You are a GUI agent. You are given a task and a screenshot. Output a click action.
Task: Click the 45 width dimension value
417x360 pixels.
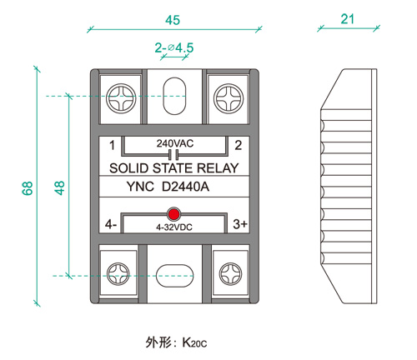(173, 20)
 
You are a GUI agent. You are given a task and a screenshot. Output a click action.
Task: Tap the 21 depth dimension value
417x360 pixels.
(347, 19)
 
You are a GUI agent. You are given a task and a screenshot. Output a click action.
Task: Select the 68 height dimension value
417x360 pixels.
(28, 188)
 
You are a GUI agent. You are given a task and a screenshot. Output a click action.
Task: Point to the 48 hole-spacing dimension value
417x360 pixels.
(59, 187)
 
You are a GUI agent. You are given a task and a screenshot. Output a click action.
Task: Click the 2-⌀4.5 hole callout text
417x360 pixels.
(174, 47)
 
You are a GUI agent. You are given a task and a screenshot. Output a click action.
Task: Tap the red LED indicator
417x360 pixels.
(173, 214)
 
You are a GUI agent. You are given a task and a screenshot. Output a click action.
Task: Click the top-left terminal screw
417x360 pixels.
(121, 98)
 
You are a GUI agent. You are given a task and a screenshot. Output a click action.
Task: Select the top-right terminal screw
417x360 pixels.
(229, 98)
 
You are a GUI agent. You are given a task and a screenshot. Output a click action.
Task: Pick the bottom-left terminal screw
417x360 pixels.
(118, 274)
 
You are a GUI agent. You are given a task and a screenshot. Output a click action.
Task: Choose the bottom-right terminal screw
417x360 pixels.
(230, 274)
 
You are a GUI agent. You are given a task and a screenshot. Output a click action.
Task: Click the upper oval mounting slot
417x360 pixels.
(174, 96)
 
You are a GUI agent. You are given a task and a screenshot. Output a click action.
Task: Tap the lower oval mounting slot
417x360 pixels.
(174, 276)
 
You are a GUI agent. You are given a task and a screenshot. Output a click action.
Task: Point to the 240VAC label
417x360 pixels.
(175, 143)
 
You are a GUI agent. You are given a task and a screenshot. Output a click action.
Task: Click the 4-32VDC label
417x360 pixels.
(174, 227)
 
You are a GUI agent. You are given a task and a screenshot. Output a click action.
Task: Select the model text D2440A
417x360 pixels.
(185, 187)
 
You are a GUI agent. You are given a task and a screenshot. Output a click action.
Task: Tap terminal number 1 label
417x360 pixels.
(112, 145)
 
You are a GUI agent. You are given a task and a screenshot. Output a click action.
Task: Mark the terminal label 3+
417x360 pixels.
(240, 224)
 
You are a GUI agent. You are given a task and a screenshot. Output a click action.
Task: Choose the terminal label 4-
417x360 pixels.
(111, 224)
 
